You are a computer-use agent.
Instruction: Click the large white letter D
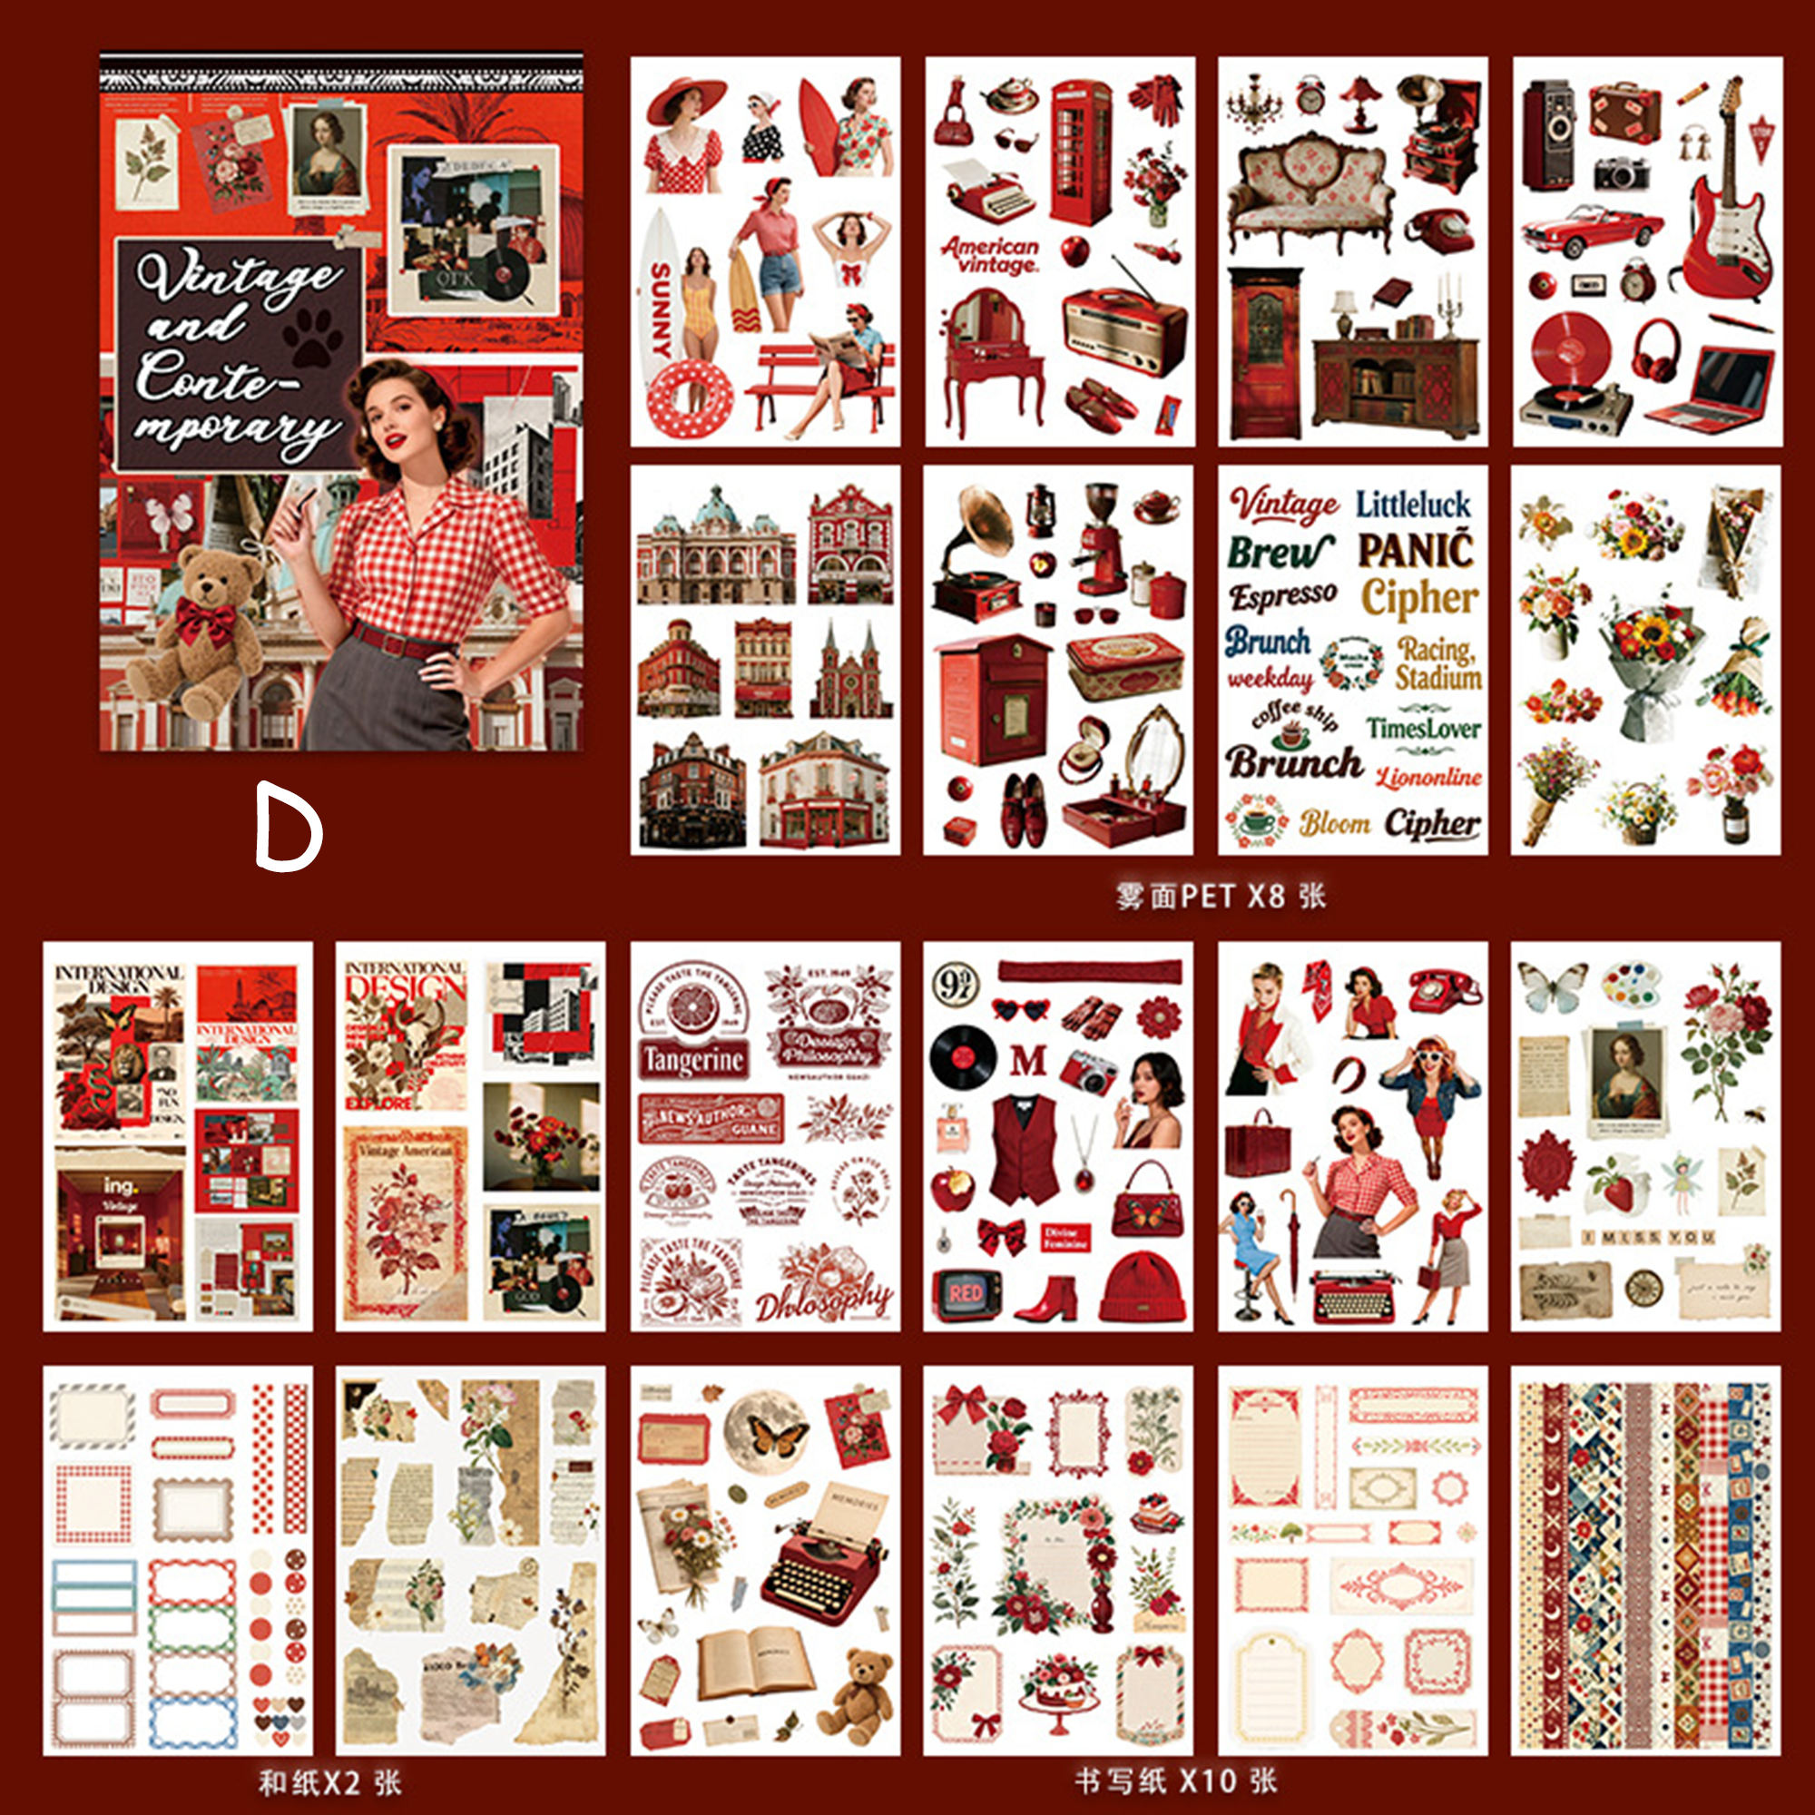pyautogui.click(x=288, y=829)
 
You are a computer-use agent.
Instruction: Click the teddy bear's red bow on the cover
pyautogui.click(x=204, y=620)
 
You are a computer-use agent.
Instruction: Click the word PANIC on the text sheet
pyautogui.click(x=1416, y=551)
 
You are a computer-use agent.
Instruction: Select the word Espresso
pyautogui.click(x=1282, y=595)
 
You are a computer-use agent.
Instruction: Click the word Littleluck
pyautogui.click(x=1412, y=505)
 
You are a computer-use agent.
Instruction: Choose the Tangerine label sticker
pyautogui.click(x=693, y=1061)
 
